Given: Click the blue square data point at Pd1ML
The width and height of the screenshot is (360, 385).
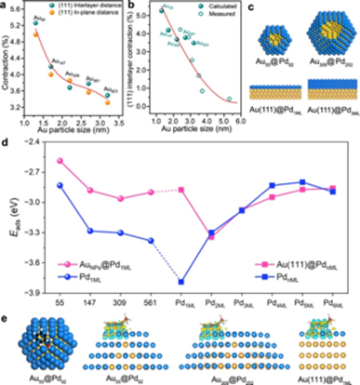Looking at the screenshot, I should pos(181,282).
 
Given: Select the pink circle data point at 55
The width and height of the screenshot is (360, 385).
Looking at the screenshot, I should pos(60,161).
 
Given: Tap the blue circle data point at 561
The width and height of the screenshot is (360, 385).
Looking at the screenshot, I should pos(151,240).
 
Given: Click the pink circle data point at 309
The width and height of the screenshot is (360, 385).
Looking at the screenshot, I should pos(121,199).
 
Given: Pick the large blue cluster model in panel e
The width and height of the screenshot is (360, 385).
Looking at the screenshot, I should pos(42,347).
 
